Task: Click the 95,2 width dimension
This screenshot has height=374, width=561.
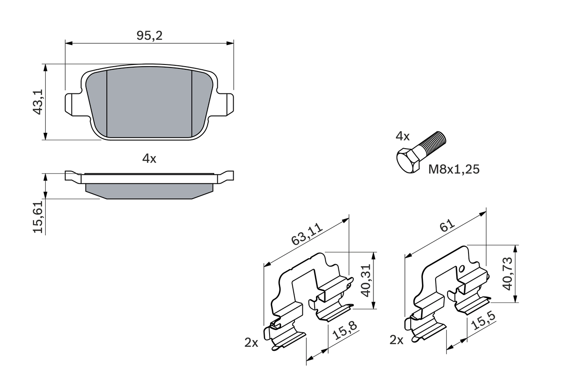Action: tap(149, 36)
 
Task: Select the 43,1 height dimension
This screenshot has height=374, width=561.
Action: tap(39, 102)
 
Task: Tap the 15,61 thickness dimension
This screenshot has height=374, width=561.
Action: tap(39, 217)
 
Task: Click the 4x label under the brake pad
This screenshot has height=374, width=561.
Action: tap(149, 159)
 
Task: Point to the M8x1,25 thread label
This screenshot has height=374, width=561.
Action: tap(454, 169)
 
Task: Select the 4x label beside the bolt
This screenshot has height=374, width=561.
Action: tap(402, 136)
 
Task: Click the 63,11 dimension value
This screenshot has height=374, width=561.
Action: tap(307, 234)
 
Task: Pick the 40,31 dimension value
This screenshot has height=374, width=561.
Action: tap(366, 280)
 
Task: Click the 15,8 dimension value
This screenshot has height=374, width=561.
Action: tap(344, 331)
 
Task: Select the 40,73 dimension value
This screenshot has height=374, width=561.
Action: tap(507, 274)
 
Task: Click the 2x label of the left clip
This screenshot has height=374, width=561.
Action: tap(251, 343)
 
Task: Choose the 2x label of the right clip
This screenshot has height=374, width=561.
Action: tap(396, 340)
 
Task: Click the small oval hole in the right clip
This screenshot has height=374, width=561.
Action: tap(461, 268)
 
